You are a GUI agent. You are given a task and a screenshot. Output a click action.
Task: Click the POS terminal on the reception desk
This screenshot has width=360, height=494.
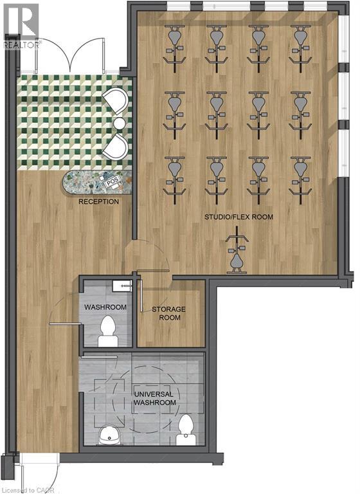[x=113, y=182]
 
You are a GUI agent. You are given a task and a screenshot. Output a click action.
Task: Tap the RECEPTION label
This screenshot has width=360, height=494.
[x=98, y=201]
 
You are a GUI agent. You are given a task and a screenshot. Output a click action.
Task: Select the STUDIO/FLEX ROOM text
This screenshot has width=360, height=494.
[x=239, y=217]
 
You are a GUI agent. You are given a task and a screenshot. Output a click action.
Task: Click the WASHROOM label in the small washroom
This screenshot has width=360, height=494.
[x=105, y=307]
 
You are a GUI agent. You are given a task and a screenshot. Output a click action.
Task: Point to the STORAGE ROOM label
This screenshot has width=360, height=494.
[x=169, y=313]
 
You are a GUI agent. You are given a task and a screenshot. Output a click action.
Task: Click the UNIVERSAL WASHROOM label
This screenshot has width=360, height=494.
[x=154, y=398]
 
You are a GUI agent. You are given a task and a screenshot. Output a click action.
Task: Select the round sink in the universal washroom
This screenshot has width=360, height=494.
[x=109, y=435]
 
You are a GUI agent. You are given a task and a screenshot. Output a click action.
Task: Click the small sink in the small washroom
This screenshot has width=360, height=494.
[x=123, y=286]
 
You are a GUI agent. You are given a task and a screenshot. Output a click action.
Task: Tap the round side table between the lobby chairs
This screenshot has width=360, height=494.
[x=120, y=123]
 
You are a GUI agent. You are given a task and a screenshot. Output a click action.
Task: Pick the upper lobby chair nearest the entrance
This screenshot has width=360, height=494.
[x=115, y=100]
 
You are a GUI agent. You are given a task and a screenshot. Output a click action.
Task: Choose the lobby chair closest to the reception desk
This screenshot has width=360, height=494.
[x=115, y=146]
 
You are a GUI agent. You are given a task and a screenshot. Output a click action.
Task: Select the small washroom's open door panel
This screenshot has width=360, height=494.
[x=65, y=324]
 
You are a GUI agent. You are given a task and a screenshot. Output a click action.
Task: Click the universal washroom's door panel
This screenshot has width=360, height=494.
[x=99, y=357]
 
